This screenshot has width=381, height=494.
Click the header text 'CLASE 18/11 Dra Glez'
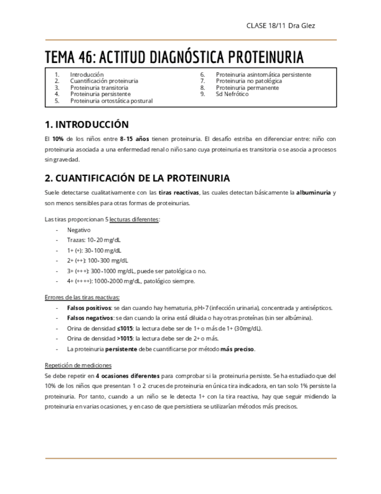(x=281, y=26)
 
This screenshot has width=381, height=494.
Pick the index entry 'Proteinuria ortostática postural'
(x=112, y=101)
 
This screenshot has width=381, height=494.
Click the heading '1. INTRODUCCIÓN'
(x=87, y=125)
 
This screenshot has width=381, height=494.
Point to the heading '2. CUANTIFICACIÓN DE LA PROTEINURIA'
(x=137, y=178)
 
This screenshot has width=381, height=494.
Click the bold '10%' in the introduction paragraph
(x=58, y=139)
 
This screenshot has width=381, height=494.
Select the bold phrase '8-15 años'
(x=134, y=139)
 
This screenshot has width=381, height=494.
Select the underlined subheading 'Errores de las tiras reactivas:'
(x=82, y=297)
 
